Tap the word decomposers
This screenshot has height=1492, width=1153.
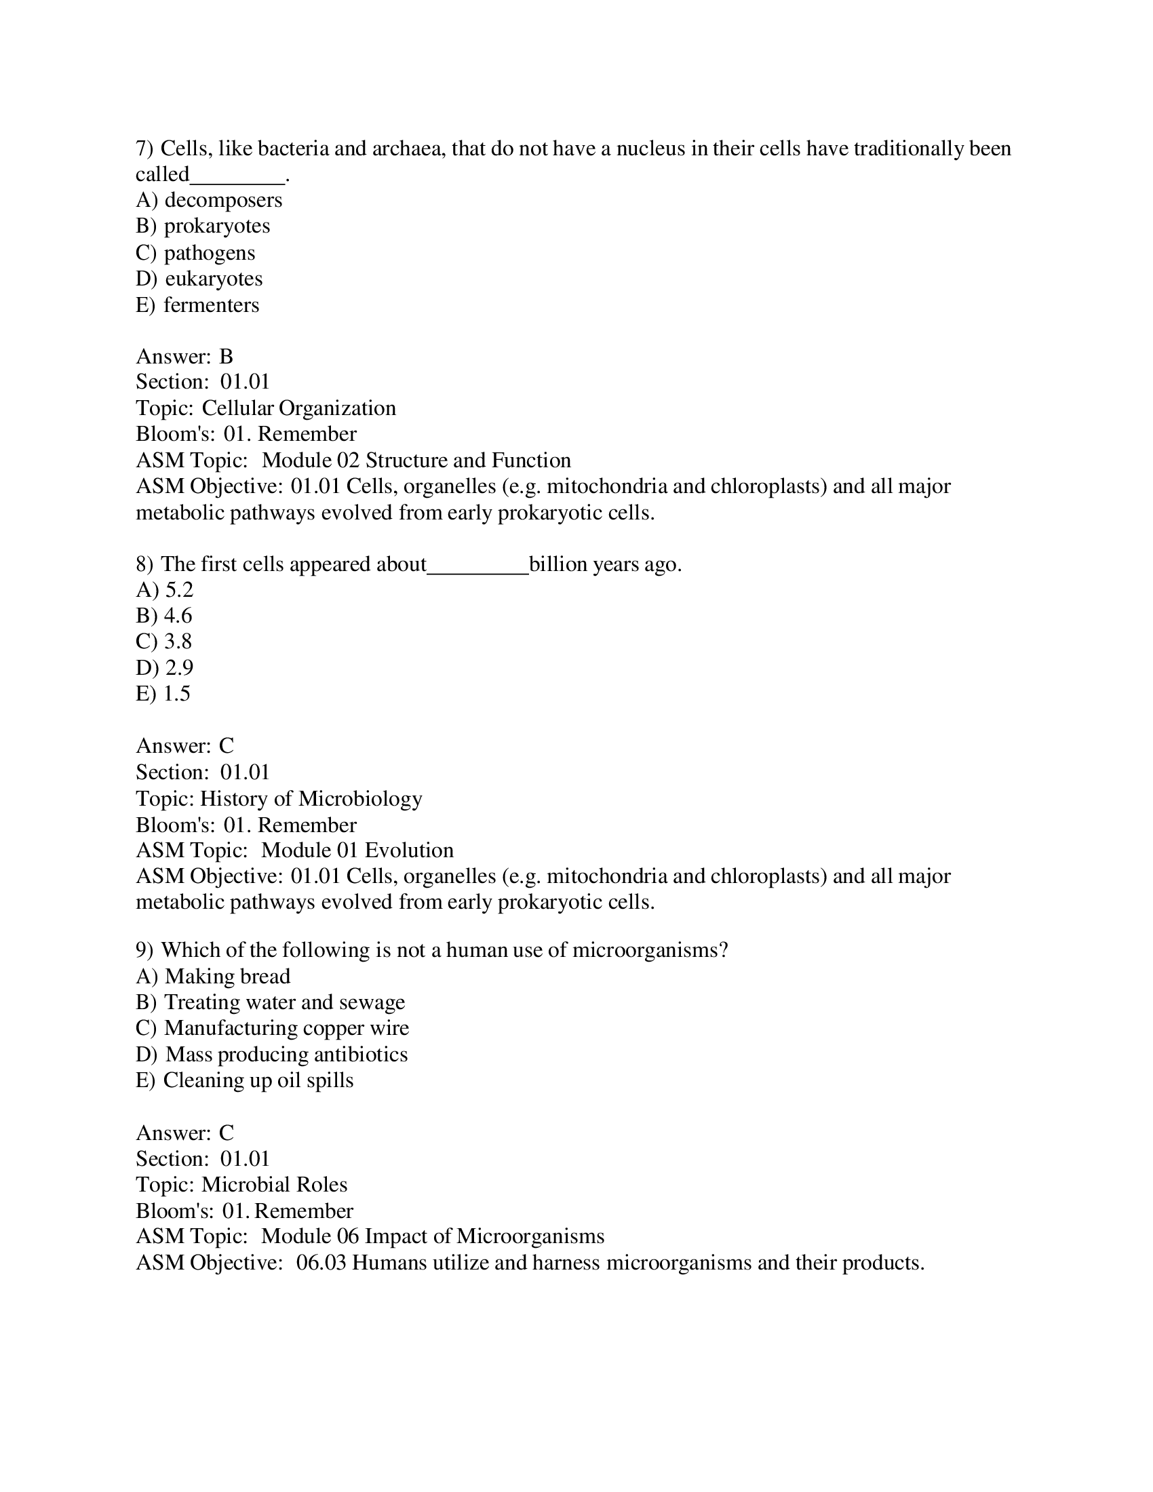point(223,200)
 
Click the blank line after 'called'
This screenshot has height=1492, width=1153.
point(237,179)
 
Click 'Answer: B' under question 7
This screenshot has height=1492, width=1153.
point(184,357)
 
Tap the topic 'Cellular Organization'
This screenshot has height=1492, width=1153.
point(298,408)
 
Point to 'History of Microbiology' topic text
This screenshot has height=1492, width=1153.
point(311,799)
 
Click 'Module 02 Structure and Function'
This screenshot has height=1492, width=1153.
point(416,460)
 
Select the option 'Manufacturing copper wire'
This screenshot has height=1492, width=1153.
point(286,1028)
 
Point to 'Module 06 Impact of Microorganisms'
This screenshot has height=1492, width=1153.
point(433,1236)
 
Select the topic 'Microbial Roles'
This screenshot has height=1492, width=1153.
point(274,1185)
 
